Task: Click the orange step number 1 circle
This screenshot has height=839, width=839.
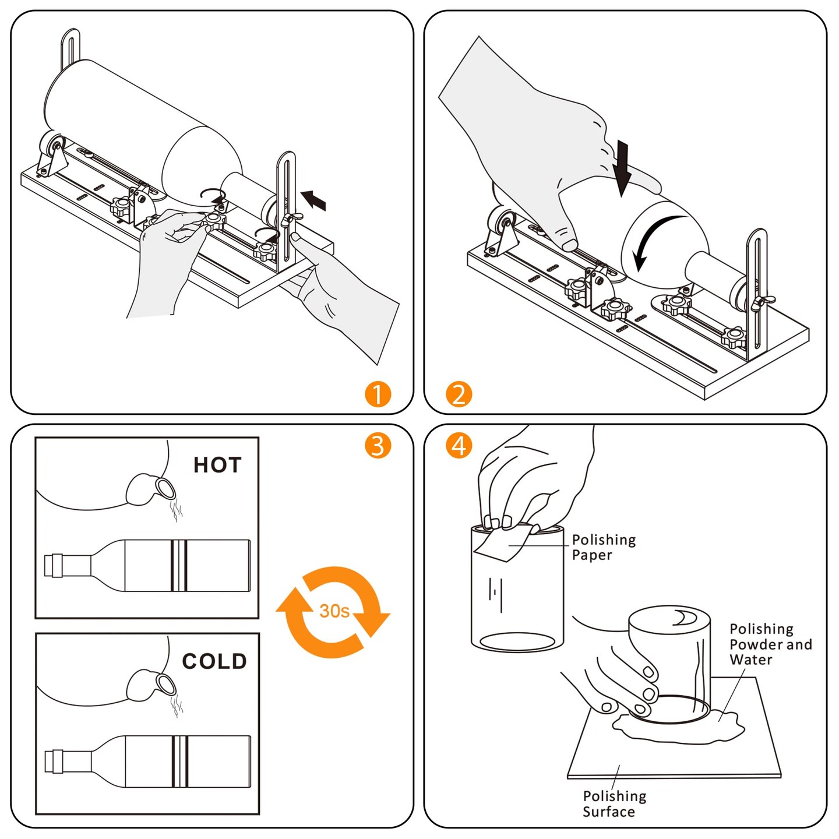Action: [x=378, y=394]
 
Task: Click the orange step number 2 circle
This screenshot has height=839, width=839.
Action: [x=459, y=394]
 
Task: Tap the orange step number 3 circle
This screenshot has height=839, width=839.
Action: [x=378, y=446]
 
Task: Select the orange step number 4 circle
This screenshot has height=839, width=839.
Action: [x=459, y=446]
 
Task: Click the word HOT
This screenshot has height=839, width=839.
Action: [x=217, y=465]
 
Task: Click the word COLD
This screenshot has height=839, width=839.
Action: [x=214, y=661]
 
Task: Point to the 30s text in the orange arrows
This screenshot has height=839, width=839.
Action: [x=334, y=611]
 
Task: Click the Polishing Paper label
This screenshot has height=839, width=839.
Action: [x=603, y=547]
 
